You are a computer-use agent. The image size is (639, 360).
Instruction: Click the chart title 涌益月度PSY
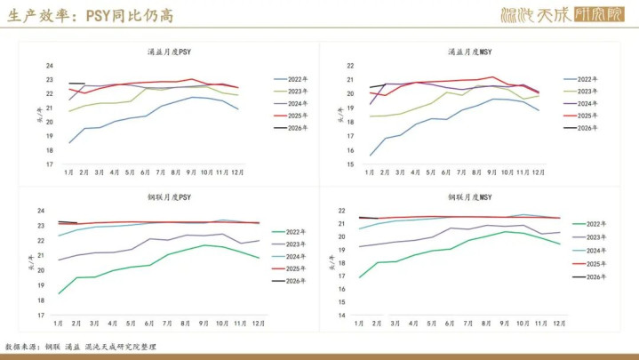pos(169,52)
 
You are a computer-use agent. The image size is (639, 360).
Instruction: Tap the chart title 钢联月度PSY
pos(169,197)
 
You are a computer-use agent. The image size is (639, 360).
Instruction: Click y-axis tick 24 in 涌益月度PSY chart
pos(50,66)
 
